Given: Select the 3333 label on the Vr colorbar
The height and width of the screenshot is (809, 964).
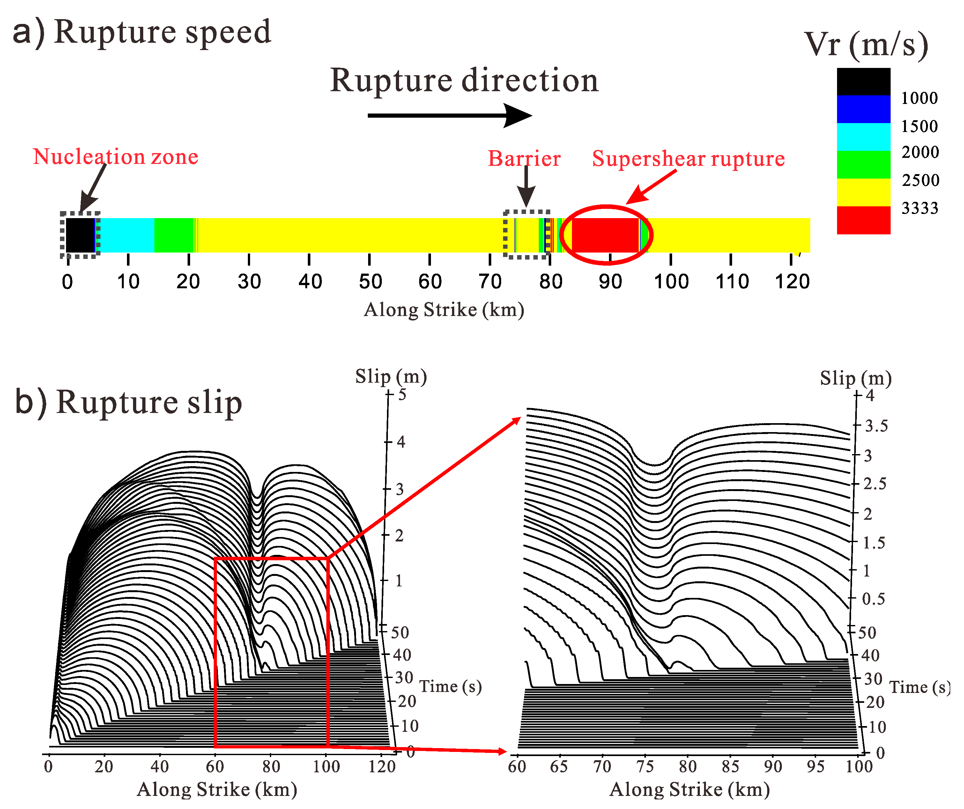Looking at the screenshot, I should tap(919, 208).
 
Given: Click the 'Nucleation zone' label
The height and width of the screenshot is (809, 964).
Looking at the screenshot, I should tap(116, 157).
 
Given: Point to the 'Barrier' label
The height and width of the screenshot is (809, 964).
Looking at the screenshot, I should tap(524, 159).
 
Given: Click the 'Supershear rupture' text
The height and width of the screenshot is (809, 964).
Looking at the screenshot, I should tap(688, 159).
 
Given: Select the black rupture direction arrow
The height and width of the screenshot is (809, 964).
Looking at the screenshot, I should tap(449, 115).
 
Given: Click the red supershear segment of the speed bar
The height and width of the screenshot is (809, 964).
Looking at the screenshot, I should tap(605, 235).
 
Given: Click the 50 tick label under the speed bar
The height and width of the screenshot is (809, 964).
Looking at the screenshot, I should tap(370, 281).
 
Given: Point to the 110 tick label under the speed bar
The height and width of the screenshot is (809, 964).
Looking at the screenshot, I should tap(732, 281).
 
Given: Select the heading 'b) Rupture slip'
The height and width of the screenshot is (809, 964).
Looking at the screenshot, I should tap(129, 402).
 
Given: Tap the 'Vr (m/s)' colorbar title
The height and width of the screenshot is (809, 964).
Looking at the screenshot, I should tap(866, 45).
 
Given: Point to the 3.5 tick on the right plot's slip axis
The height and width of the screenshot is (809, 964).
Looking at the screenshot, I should tap(876, 426).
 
